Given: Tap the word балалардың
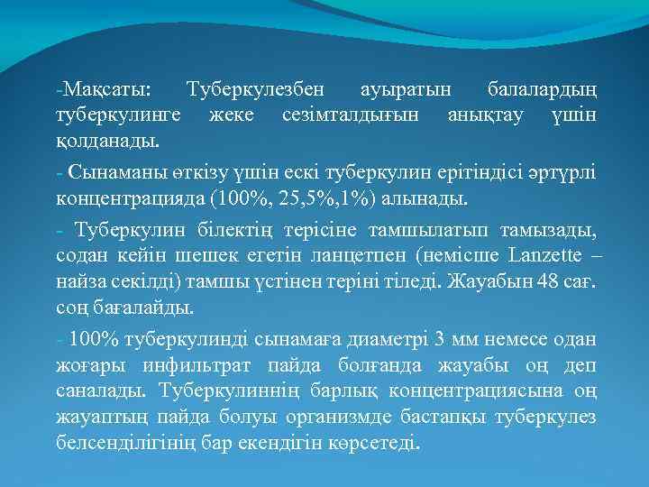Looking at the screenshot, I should (540, 91).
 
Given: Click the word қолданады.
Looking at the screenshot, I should (107, 142).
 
